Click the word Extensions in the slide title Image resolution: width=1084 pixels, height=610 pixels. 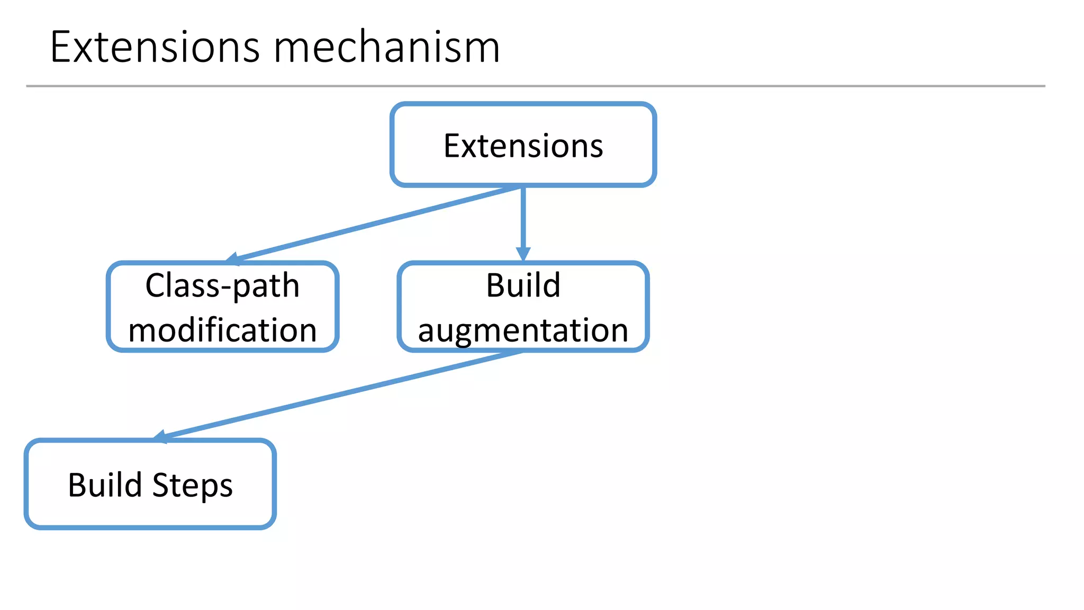click(155, 48)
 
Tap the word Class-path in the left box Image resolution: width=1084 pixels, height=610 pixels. click(222, 286)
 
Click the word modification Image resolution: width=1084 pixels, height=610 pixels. click(222, 330)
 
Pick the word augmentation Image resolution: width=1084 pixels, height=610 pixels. click(523, 330)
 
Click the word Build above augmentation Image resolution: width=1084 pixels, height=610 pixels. click(523, 286)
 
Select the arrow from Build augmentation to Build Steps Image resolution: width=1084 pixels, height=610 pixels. click(339, 395)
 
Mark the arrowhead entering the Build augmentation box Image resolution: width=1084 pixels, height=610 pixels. click(523, 254)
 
